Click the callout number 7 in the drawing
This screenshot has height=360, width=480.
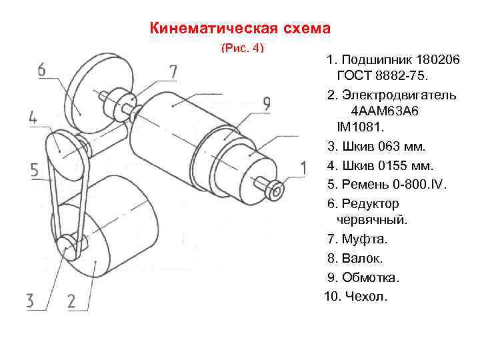(173, 71)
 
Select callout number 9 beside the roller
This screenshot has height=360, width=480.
(265, 105)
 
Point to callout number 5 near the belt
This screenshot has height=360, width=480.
(34, 170)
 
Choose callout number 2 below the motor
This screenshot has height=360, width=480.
(73, 300)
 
